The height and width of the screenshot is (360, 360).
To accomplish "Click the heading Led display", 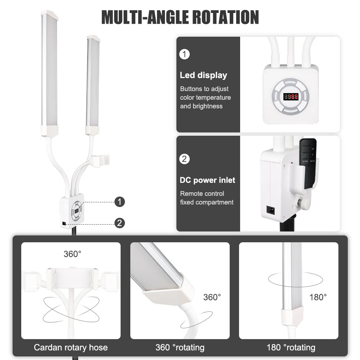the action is coord(203,75).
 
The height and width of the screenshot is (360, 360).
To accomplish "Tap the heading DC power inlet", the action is coord(207,180).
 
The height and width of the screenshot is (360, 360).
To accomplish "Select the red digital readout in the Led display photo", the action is coord(291,96).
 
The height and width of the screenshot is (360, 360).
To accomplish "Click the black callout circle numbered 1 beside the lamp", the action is coord(120,202).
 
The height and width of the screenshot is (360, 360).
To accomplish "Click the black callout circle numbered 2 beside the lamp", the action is coord(120,223).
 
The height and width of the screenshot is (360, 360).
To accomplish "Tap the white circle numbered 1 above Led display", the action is coord(184,54).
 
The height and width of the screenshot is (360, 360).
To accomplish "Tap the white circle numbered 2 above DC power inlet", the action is coord(184,159).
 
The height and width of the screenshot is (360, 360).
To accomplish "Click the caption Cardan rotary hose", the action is coord(71,347).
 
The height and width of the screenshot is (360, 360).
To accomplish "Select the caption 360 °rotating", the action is coord(180,347).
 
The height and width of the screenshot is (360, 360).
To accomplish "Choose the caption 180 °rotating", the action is coord(291,347).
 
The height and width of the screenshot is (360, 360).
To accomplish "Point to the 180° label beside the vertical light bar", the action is coord(318,297).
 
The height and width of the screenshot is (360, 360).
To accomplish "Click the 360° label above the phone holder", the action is coord(72,254).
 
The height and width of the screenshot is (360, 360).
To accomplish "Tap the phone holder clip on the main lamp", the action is coord(100,161).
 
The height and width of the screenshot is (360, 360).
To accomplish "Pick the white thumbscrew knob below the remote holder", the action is coord(300,202).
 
